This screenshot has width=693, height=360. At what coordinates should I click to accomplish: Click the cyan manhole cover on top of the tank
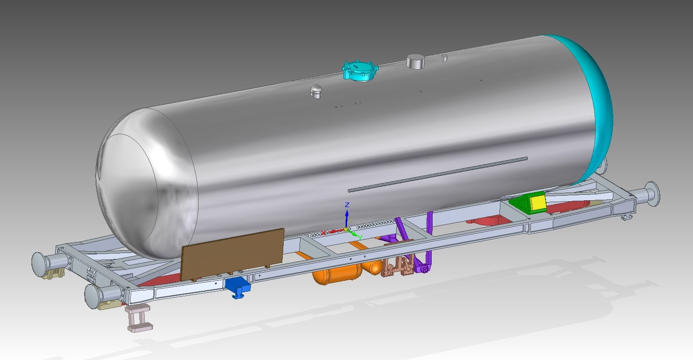point(361,71)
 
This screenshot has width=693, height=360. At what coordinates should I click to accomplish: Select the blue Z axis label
point(347,205)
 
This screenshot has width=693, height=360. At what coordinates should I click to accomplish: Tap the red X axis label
point(323,233)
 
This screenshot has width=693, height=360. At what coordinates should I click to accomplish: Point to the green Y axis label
point(360,238)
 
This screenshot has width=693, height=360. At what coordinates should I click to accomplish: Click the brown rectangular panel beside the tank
point(232,254)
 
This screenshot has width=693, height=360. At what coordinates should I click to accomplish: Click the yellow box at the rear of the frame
point(538,203)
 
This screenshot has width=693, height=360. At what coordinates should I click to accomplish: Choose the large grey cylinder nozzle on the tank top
point(415,61)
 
